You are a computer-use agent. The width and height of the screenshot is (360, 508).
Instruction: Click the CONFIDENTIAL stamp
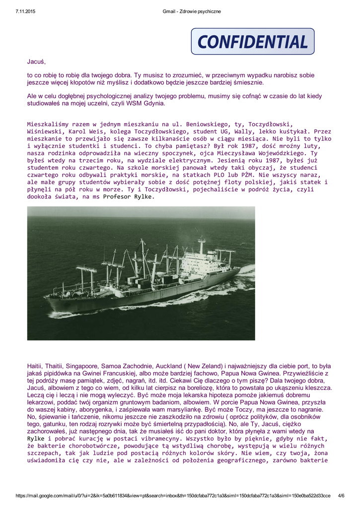pyautogui.click(x=252, y=41)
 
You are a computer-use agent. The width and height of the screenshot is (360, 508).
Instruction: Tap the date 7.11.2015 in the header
pyautogui.click(x=25, y=11)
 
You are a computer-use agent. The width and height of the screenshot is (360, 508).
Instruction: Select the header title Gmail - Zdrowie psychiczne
pyautogui.click(x=192, y=11)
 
